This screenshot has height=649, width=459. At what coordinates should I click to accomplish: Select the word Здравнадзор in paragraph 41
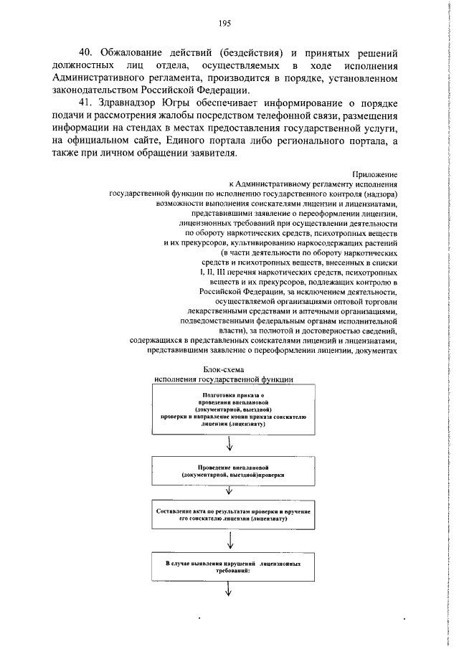click(x=136, y=103)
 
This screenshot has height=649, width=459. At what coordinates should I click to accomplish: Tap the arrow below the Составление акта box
click(x=229, y=539)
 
